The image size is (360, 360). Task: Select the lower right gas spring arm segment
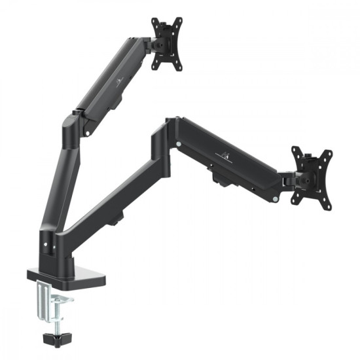[x=229, y=161]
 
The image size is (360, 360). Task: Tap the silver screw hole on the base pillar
[x=46, y=245]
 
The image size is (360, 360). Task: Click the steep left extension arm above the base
[x=56, y=183]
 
